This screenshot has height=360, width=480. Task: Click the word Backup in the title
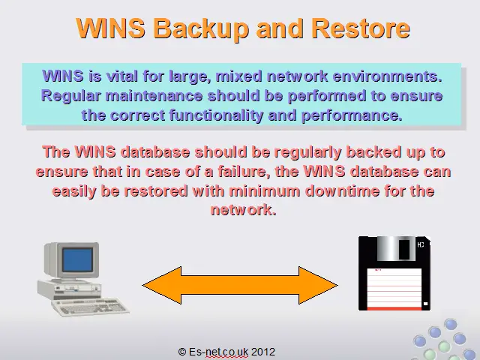coord(200,28)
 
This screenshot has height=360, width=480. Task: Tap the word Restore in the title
coord(361,28)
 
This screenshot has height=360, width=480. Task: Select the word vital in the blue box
coord(121,76)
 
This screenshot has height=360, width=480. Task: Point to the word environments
coord(388,76)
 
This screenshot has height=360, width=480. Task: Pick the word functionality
coord(216,115)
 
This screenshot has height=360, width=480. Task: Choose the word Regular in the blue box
coord(71,96)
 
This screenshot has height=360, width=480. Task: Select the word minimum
coord(265,190)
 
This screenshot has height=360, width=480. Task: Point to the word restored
coord(156,190)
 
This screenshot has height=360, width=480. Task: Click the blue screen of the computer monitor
coord(78,259)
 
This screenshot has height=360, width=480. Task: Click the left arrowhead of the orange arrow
coord(162,285)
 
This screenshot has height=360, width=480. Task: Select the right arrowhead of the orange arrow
coord(318,285)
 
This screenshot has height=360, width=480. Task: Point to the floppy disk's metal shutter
coord(395,248)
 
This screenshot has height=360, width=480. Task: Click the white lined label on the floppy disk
coord(394,288)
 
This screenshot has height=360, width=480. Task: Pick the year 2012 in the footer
coord(263,352)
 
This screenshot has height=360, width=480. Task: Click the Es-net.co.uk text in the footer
coord(218,352)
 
